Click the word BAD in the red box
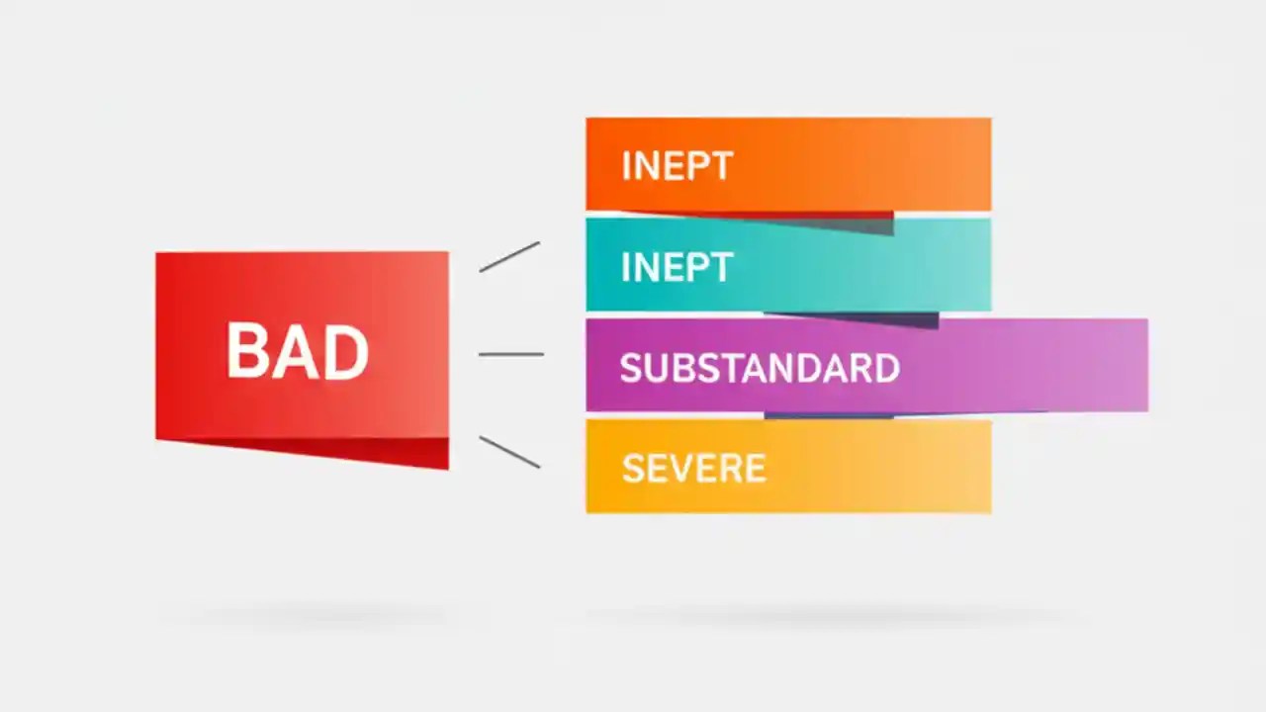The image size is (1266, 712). point(298,351)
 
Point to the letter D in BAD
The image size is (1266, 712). point(348,352)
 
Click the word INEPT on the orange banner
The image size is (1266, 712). point(677,166)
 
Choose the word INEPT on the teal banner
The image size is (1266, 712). point(677,268)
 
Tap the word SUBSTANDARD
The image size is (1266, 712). point(760,369)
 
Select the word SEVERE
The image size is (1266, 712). point(693,469)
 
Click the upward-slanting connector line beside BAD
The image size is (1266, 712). point(509,256)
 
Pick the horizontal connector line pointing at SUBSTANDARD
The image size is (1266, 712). point(510,354)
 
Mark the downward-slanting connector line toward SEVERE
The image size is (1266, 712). point(509,452)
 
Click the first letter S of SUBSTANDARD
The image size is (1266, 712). point(629,369)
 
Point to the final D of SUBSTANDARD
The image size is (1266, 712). point(888,369)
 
